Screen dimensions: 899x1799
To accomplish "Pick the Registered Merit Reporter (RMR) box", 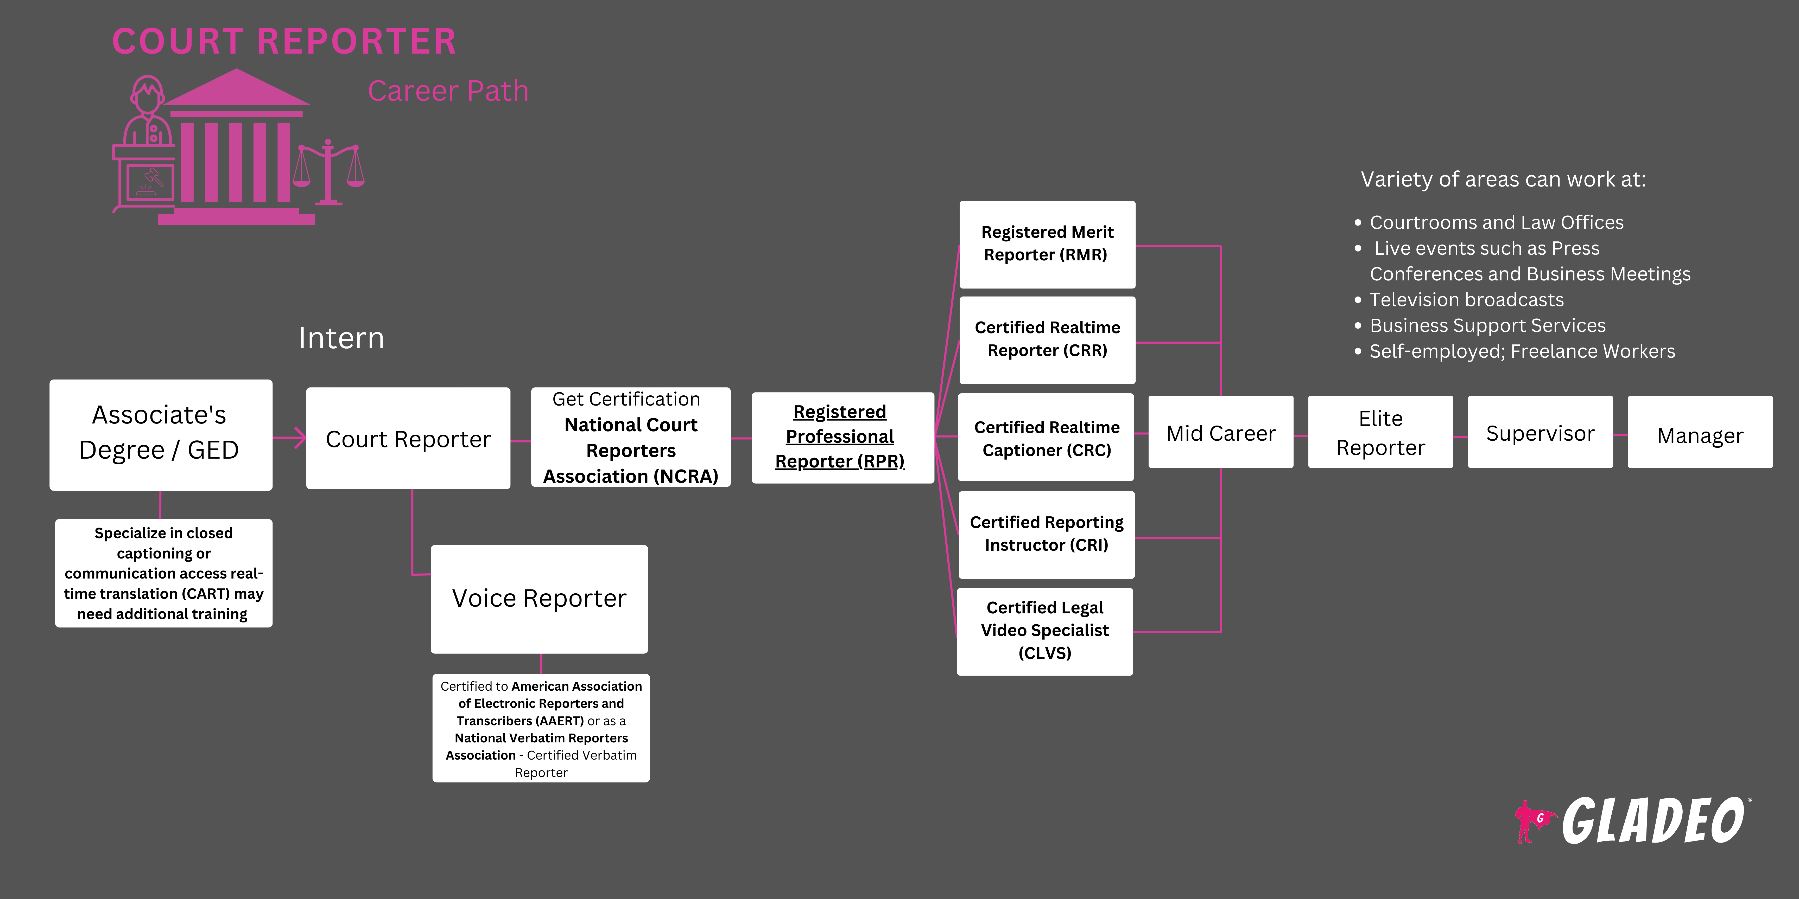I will click(x=1047, y=244).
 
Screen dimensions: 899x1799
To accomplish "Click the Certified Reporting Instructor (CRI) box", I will click(x=1046, y=534).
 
